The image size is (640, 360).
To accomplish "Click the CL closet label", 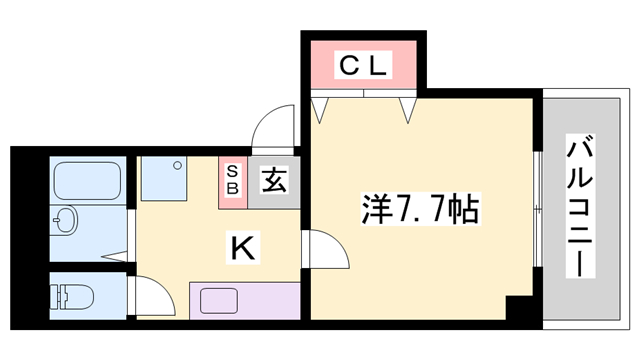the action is (x=363, y=67).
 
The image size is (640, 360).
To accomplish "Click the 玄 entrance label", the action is (x=273, y=181).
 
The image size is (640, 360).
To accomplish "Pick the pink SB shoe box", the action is (x=232, y=180).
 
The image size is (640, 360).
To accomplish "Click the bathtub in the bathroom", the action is (x=87, y=180).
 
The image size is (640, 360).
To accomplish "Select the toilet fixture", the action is (x=72, y=296).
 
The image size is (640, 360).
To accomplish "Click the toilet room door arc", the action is (x=147, y=300).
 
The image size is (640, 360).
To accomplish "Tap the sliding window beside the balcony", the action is (x=539, y=209).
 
